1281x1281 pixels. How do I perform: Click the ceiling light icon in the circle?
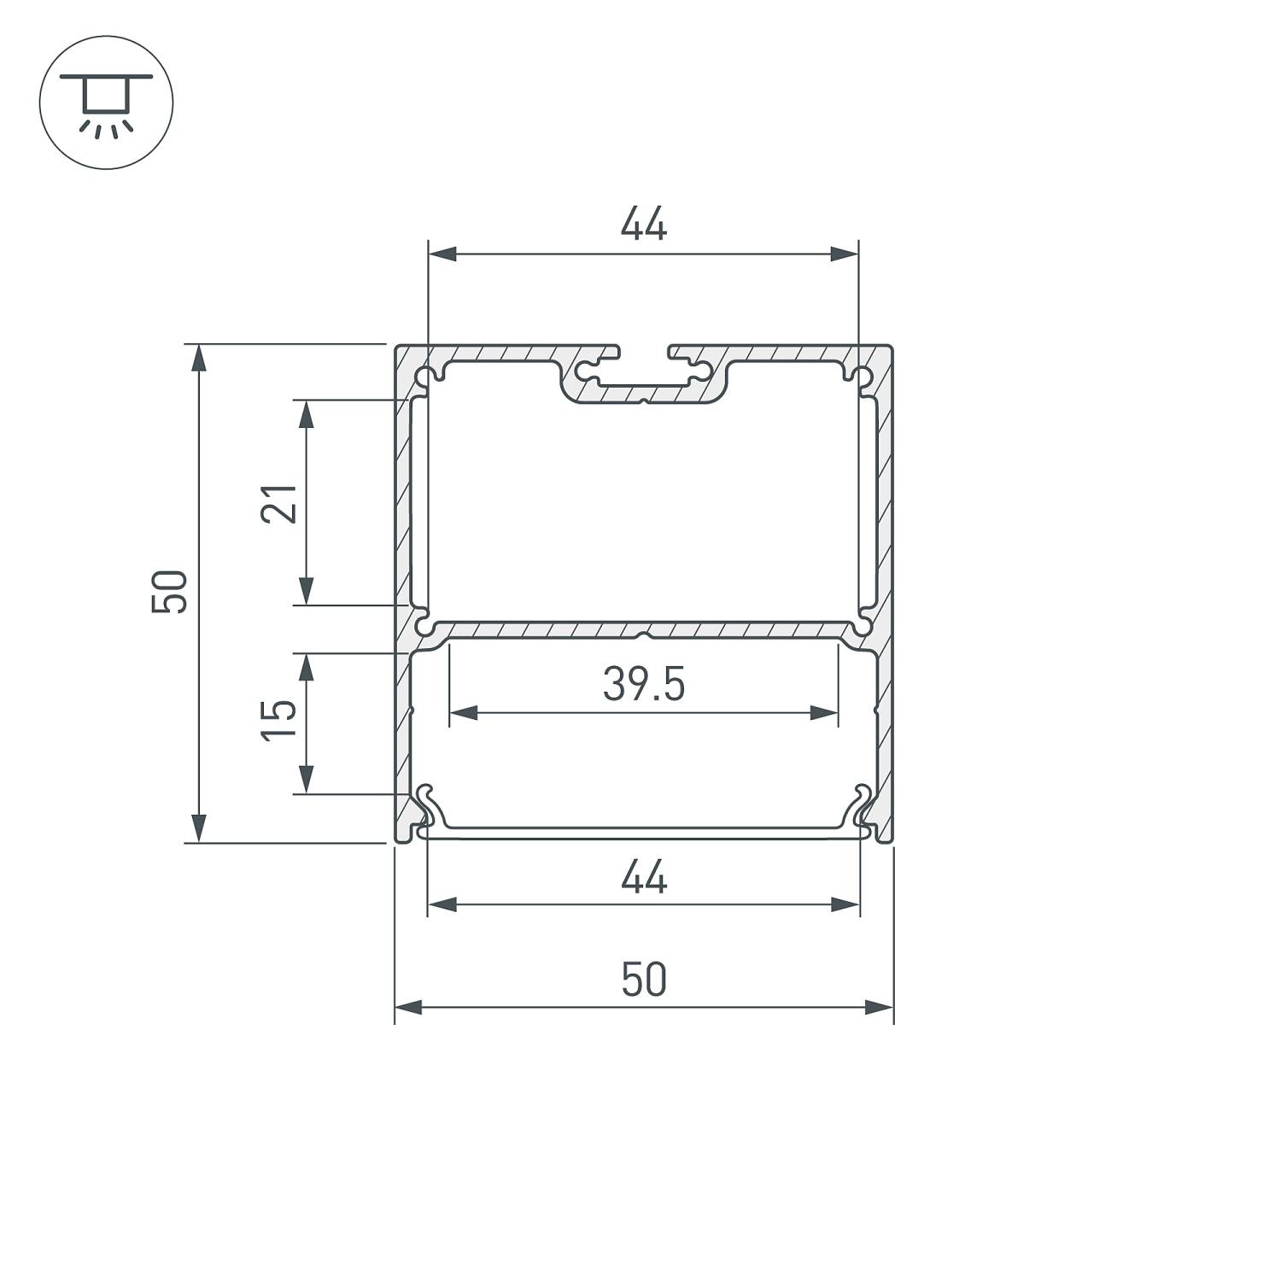[x=106, y=102]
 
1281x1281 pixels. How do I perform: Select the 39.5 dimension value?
[x=643, y=685]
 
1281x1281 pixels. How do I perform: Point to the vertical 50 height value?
[x=169, y=591]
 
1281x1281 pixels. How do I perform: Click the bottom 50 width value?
[x=643, y=980]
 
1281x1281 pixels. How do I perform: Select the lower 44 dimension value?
[x=643, y=878]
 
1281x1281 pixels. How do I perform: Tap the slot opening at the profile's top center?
[x=643, y=352]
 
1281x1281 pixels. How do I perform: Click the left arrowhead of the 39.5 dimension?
[x=462, y=712]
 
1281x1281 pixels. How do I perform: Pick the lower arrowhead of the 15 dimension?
[x=306, y=781]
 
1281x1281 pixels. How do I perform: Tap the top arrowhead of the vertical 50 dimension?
[x=198, y=357]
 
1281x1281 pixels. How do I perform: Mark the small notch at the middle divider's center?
[x=643, y=635]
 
